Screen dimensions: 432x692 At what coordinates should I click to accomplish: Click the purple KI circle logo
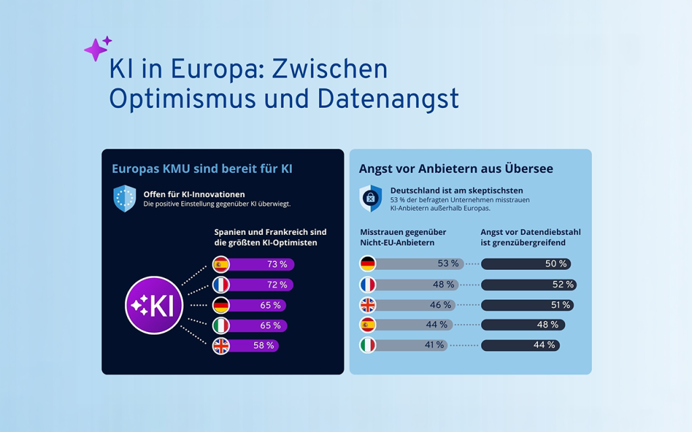pyautogui.click(x=154, y=305)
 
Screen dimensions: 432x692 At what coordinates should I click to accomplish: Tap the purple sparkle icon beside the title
pyautogui.click(x=97, y=49)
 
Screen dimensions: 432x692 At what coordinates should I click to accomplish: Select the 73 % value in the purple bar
pyautogui.click(x=277, y=264)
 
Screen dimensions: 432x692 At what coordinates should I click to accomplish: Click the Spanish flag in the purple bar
pyautogui.click(x=221, y=264)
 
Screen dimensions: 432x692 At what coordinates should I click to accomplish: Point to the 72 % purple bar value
pyautogui.click(x=277, y=285)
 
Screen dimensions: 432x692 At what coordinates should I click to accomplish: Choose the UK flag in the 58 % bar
pyautogui.click(x=221, y=346)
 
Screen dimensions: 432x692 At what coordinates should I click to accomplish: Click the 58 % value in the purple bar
pyautogui.click(x=264, y=346)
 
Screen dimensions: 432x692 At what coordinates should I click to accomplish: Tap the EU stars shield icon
pyautogui.click(x=125, y=198)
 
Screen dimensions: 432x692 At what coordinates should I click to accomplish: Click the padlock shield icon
pyautogui.click(x=371, y=198)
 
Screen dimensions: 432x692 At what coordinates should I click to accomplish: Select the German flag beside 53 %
pyautogui.click(x=368, y=263)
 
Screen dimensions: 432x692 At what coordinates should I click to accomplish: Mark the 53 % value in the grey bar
pyautogui.click(x=448, y=263)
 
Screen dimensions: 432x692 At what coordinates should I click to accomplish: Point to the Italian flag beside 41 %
pyautogui.click(x=368, y=345)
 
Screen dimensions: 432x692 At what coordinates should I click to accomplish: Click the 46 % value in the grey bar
pyautogui.click(x=441, y=304)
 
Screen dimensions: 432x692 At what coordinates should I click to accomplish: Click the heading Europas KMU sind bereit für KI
pyautogui.click(x=202, y=168)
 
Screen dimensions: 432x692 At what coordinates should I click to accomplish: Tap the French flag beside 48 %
pyautogui.click(x=368, y=284)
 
